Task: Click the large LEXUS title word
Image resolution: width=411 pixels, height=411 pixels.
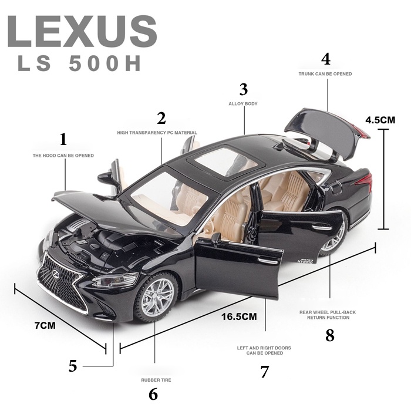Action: point(83,32)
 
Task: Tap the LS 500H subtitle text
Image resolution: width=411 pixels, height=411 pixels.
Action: point(79,63)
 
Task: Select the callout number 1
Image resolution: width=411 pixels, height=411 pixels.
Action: point(63,139)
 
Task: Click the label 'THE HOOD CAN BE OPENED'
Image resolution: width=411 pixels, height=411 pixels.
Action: point(63,156)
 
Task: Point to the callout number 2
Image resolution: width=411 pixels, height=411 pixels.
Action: point(161,118)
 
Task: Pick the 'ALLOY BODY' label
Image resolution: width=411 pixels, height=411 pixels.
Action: point(243,104)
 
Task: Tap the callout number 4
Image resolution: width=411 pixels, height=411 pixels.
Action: point(326,59)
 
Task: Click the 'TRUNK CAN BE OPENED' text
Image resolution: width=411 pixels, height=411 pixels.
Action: point(325,74)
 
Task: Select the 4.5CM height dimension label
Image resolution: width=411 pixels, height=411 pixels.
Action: point(380,120)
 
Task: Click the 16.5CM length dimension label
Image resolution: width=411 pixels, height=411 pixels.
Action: point(239,316)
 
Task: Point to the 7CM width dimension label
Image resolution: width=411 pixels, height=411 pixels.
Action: point(45,325)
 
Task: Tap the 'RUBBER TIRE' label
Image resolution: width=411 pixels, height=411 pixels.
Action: point(156,380)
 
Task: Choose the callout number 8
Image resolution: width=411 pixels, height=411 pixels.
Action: point(330,335)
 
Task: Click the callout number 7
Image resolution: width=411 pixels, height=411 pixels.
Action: point(265,372)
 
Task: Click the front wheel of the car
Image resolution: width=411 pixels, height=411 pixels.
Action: point(156,297)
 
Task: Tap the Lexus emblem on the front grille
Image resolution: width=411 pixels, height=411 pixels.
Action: point(56,274)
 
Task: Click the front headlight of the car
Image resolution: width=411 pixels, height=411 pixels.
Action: point(115,280)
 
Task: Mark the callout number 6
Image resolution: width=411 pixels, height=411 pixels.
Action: point(153,395)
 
